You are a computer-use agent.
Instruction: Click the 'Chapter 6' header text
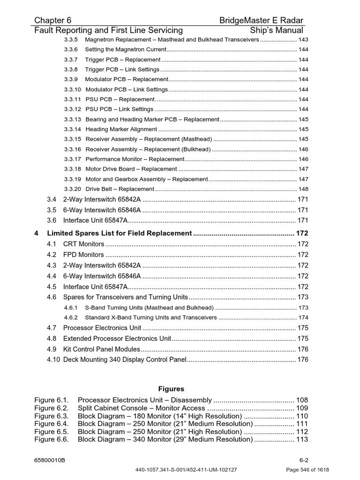[x=53, y=20]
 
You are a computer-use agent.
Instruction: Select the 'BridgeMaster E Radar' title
[x=261, y=20]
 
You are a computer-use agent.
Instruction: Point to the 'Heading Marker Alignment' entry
[x=121, y=129]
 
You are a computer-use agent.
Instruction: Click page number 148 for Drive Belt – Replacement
[x=303, y=189]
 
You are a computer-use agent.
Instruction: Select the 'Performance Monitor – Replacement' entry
[x=135, y=159]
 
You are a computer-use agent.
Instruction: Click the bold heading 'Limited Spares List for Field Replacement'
[x=120, y=233]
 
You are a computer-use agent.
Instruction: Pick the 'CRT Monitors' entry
[x=84, y=244]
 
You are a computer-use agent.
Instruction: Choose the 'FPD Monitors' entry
[x=83, y=255]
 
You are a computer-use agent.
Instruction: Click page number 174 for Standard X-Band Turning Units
[x=303, y=318]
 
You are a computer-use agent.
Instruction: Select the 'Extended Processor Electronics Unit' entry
[x=117, y=338]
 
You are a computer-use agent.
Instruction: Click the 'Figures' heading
[x=171, y=389]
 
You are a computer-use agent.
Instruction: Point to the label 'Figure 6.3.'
[x=52, y=416]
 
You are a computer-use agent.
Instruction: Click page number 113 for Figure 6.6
[x=302, y=440]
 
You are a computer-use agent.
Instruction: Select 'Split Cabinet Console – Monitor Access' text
[x=142, y=408]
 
